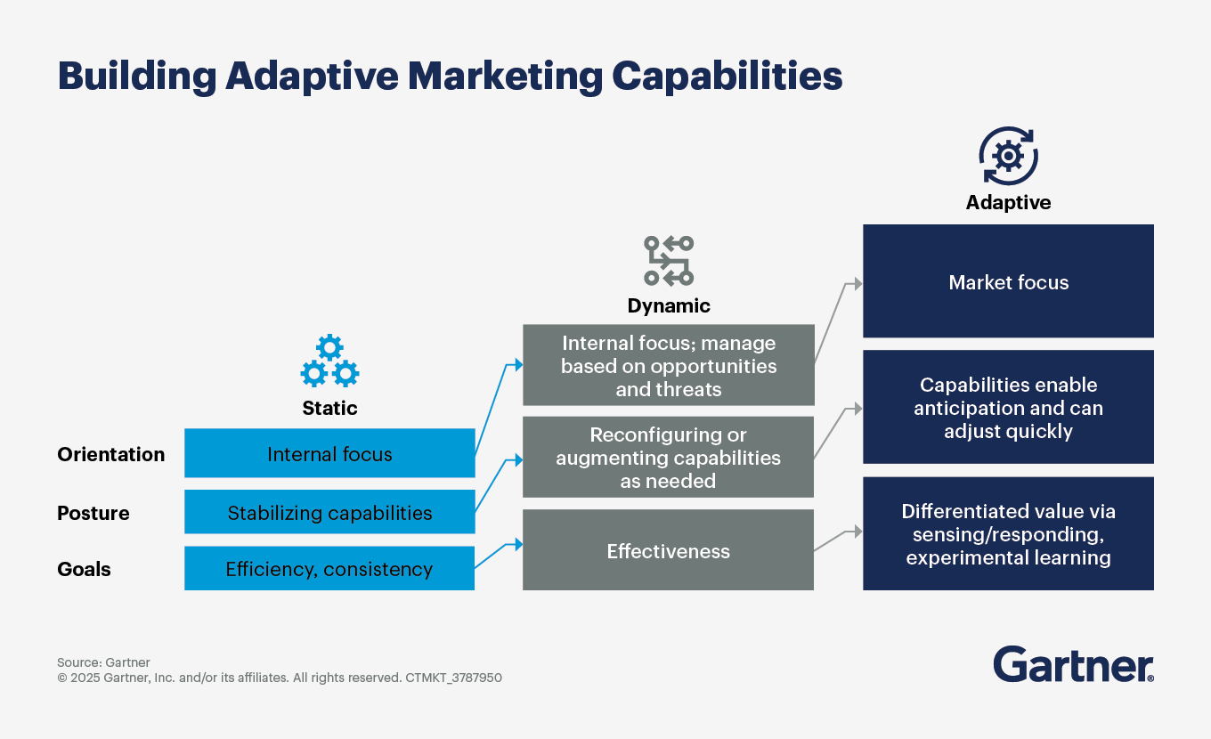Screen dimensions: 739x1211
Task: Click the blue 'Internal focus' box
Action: (x=329, y=453)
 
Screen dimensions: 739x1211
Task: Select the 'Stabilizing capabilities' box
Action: (x=329, y=512)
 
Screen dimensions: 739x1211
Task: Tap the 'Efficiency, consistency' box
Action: (x=329, y=569)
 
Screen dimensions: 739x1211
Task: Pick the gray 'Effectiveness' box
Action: (x=668, y=550)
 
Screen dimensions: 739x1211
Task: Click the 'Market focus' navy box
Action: (x=1008, y=281)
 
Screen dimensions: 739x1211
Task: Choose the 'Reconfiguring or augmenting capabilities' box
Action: (x=668, y=457)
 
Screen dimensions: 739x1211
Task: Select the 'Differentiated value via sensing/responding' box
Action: (x=1008, y=534)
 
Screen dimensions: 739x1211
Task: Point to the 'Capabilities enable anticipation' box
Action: (x=1008, y=407)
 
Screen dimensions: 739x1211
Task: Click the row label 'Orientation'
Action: (x=111, y=454)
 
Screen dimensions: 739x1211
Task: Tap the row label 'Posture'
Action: (x=93, y=513)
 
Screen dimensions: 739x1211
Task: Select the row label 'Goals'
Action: (x=85, y=569)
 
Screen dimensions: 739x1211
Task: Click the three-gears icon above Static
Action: (x=329, y=361)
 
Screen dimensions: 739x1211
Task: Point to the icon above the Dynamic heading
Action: (x=669, y=261)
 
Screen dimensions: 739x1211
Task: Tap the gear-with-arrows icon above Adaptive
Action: (x=1008, y=156)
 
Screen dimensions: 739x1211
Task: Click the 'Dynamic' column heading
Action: (x=669, y=305)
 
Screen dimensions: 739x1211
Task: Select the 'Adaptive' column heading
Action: (x=1008, y=202)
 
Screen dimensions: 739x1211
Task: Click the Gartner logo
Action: (x=1073, y=664)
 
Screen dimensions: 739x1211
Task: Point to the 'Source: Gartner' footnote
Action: (x=103, y=662)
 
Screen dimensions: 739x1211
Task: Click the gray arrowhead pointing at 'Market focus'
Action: (x=857, y=283)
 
